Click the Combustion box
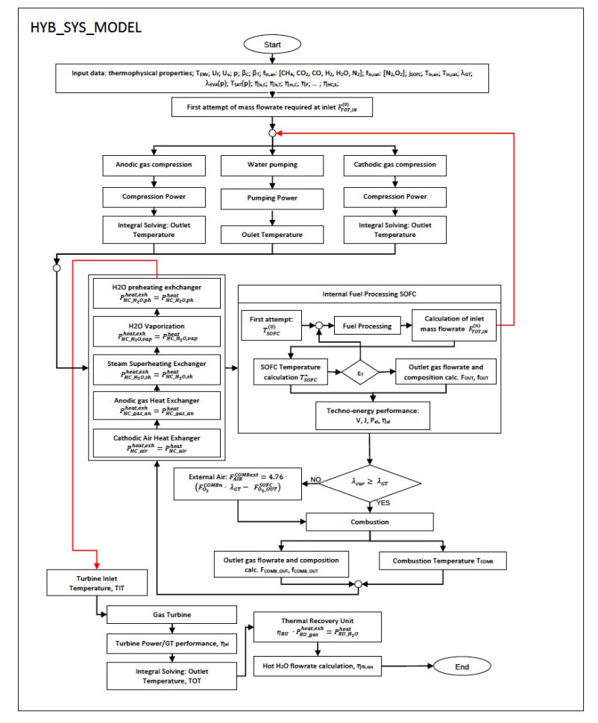coord(370,522)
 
